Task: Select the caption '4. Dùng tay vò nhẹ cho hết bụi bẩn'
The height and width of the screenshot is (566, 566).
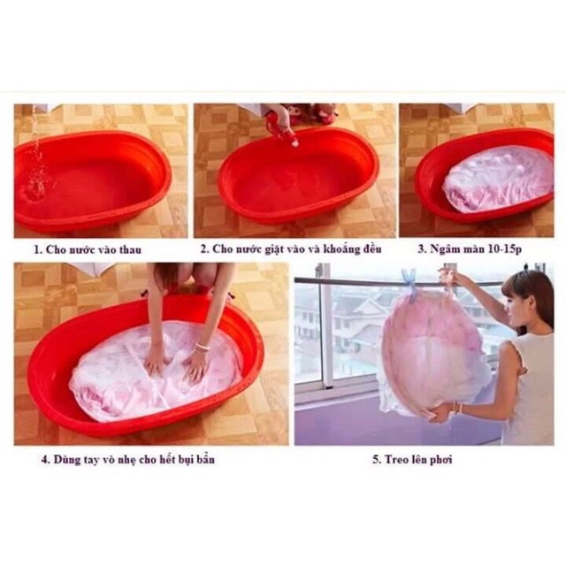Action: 127,459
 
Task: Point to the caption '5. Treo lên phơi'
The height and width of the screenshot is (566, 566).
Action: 420,460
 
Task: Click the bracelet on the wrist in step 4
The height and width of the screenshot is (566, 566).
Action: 203,348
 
